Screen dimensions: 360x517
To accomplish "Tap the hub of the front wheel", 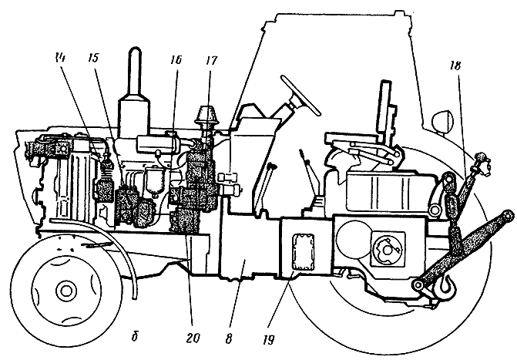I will tap(67, 290).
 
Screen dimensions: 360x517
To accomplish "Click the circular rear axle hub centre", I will tap(383, 248).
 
